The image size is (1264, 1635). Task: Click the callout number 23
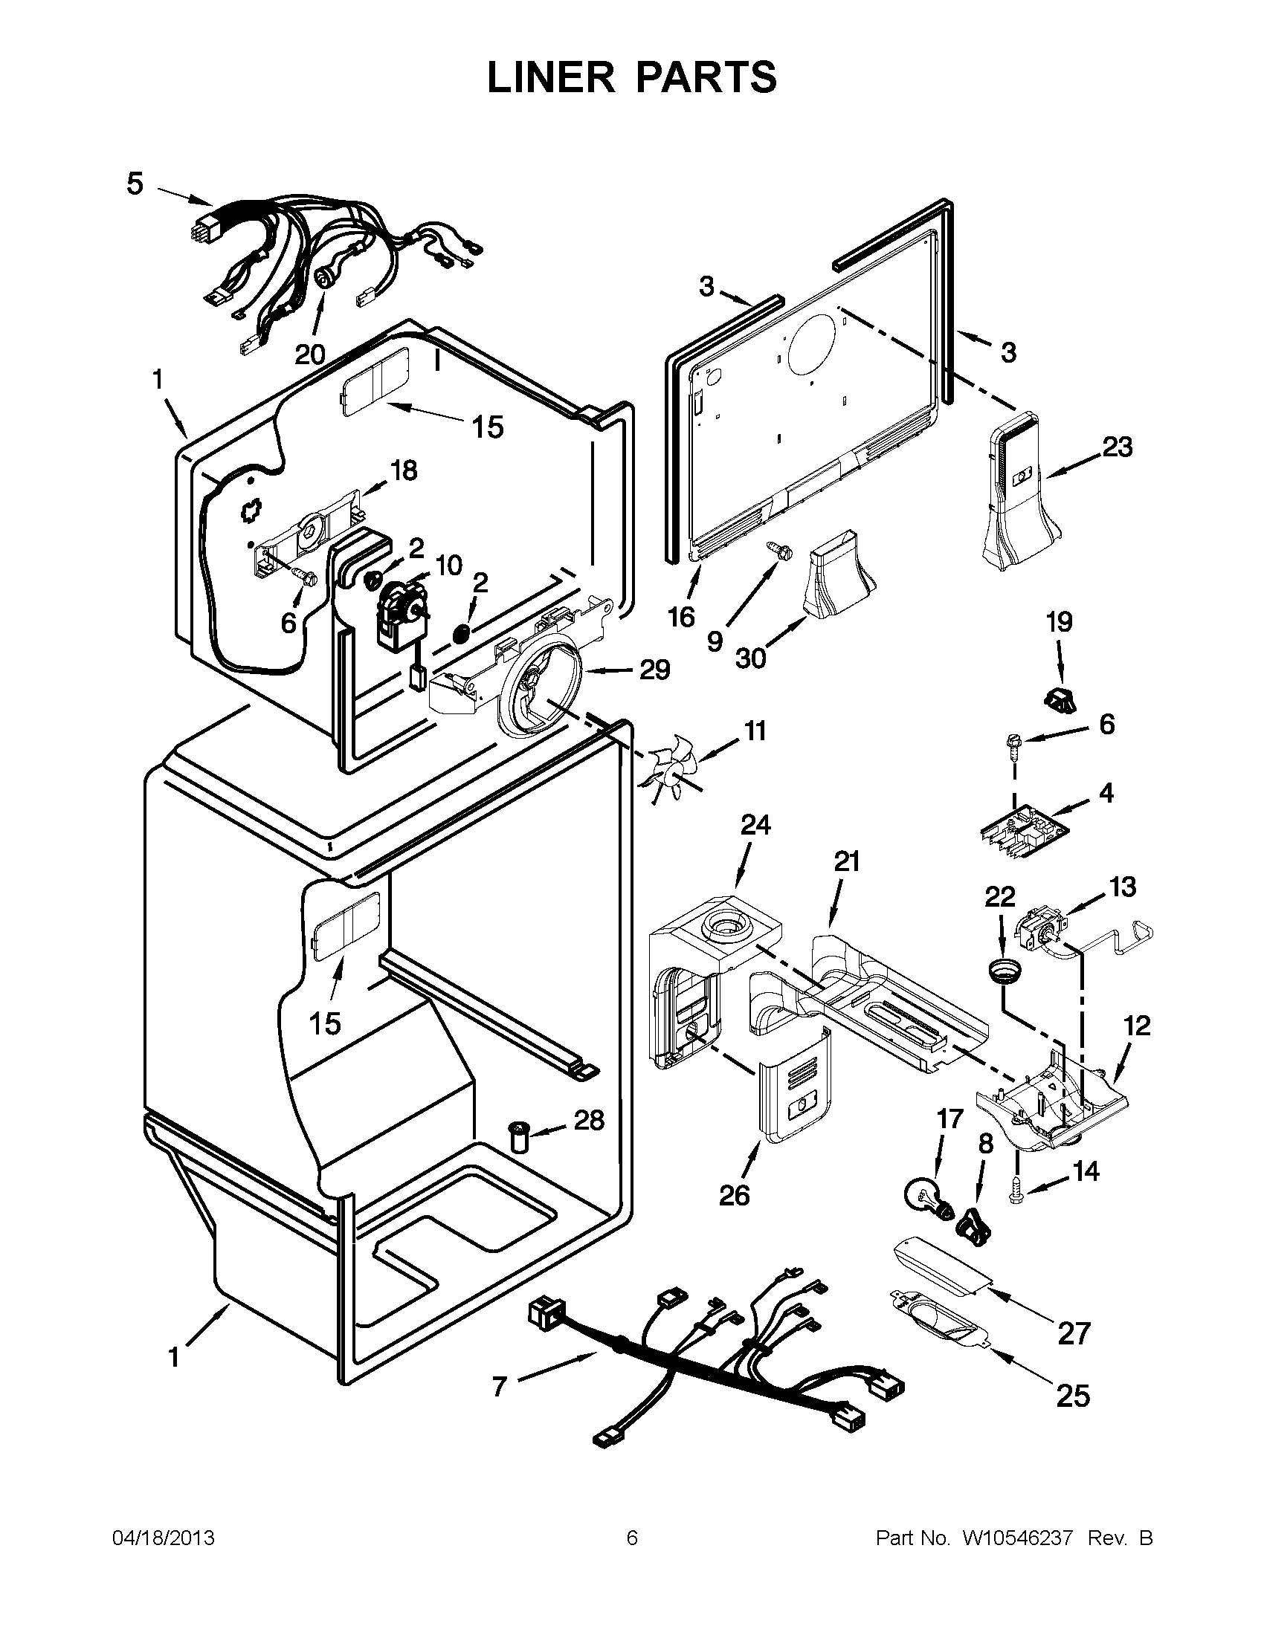(x=1116, y=447)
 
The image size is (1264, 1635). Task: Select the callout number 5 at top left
(x=134, y=184)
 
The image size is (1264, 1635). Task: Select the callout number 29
(x=654, y=670)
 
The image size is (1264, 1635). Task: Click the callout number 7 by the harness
(x=500, y=1387)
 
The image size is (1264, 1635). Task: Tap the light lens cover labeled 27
(x=938, y=1269)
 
